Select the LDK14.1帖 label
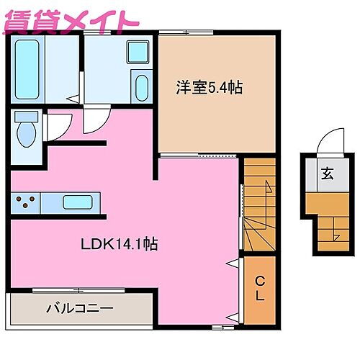coord(119,244)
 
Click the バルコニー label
coord(79,309)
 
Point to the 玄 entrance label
coord(327,173)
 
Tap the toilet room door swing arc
coord(58,128)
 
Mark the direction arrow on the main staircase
coord(267,189)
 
